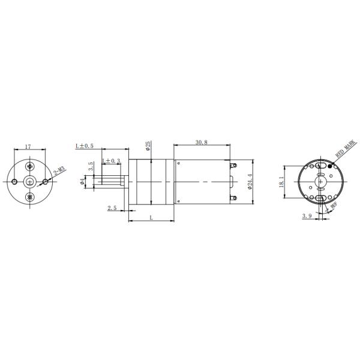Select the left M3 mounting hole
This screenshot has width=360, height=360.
[14, 181]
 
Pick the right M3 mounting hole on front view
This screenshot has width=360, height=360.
[47, 181]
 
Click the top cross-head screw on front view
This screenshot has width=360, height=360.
[31, 166]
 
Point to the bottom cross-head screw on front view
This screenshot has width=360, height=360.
[31, 197]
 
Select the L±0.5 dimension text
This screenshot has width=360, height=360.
[84, 146]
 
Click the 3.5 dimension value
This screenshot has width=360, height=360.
[91, 166]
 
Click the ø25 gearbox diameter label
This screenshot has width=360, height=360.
[148, 146]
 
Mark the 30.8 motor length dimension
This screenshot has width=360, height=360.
[202, 142]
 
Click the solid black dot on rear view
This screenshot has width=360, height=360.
[329, 166]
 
